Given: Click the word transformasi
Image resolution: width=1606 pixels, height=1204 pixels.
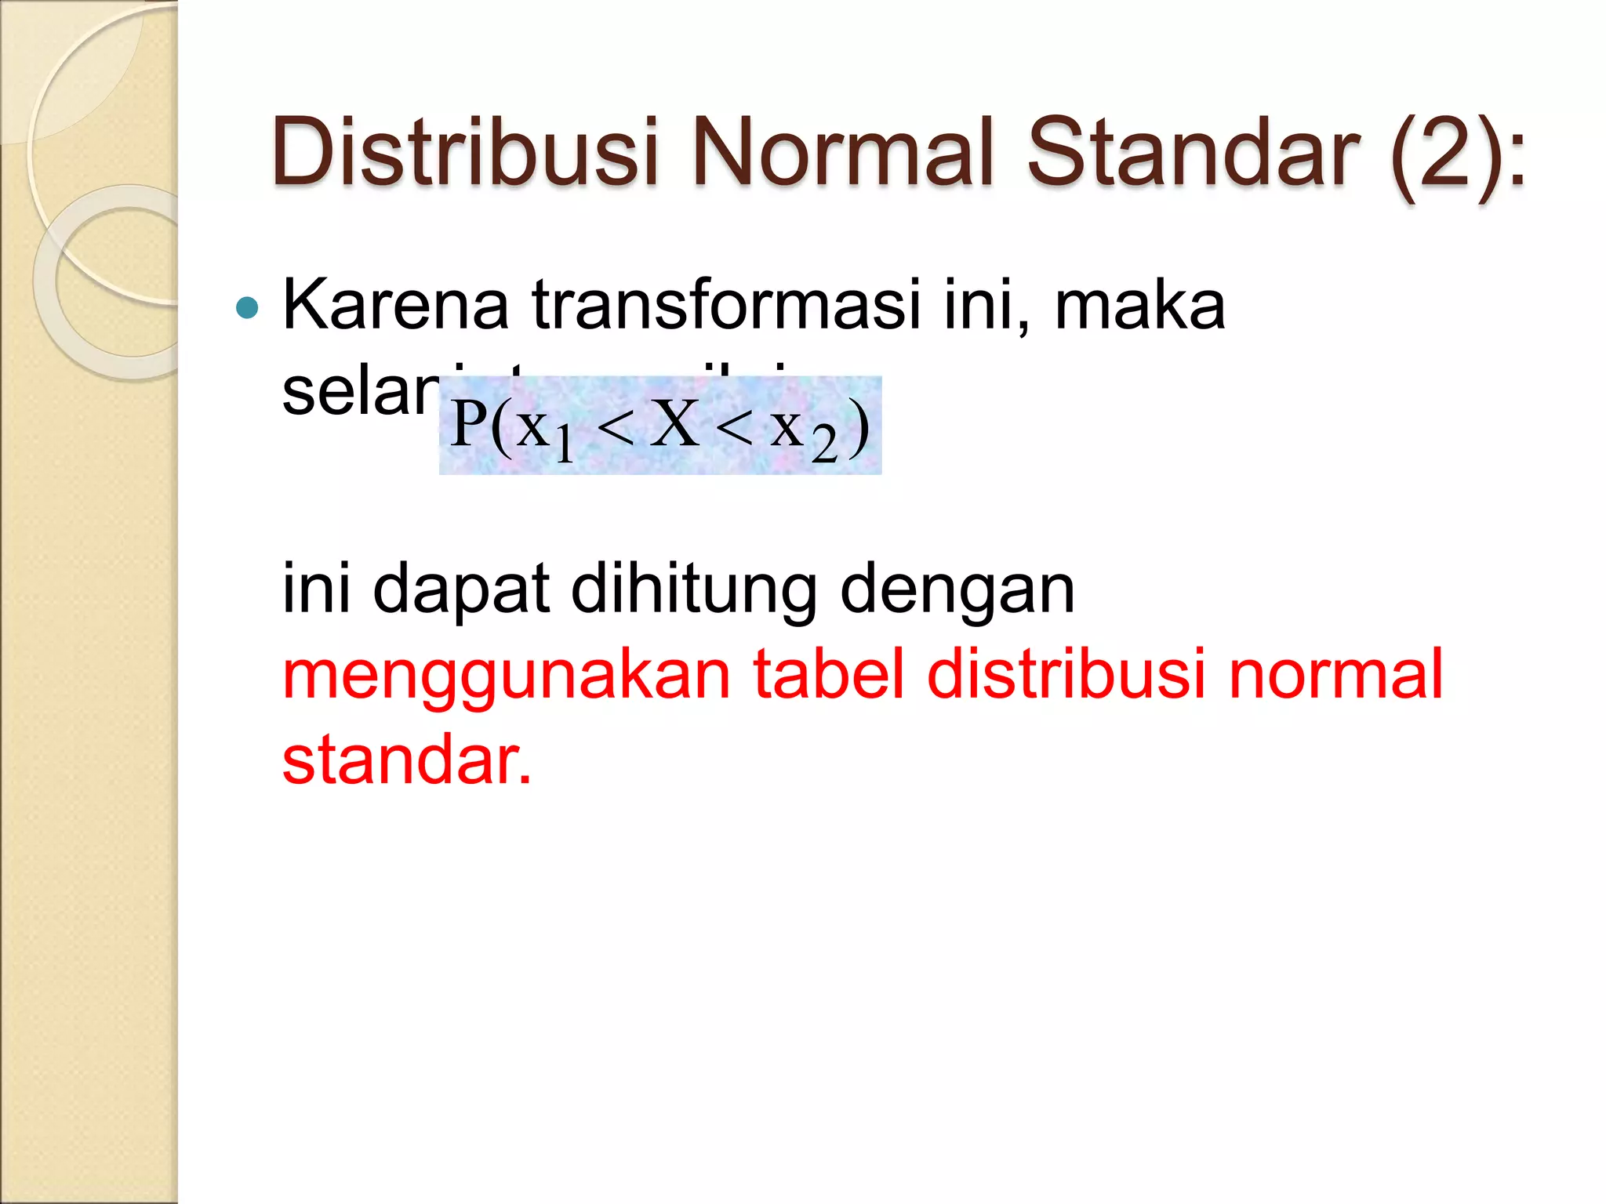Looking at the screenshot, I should click(725, 305).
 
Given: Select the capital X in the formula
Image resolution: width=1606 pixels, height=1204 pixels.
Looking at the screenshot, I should click(674, 424).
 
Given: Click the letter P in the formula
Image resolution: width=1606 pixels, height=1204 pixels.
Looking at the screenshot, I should click(469, 424).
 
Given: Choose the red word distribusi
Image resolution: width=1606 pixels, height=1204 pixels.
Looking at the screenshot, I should click(1066, 674).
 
